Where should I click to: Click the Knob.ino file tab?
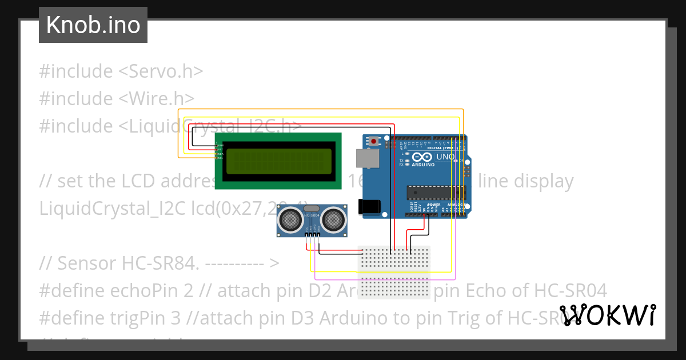[93, 25]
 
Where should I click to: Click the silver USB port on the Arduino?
[368, 158]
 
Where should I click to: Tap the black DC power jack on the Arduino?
[369, 207]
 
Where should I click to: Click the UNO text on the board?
[445, 157]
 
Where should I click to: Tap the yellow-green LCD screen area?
[278, 161]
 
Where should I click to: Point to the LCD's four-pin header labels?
[220, 150]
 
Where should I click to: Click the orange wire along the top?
[320, 109]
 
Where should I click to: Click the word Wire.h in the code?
[157, 99]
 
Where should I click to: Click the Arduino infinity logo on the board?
[422, 157]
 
